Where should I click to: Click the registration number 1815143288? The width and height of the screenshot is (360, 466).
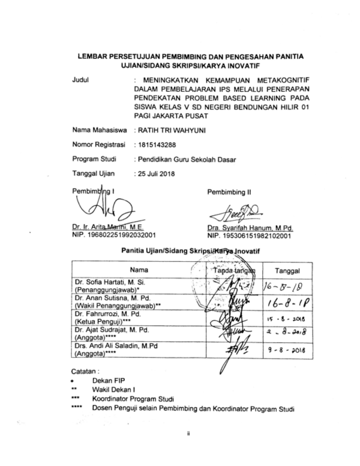(x=157, y=145)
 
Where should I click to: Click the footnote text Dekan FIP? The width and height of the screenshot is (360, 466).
(x=106, y=381)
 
